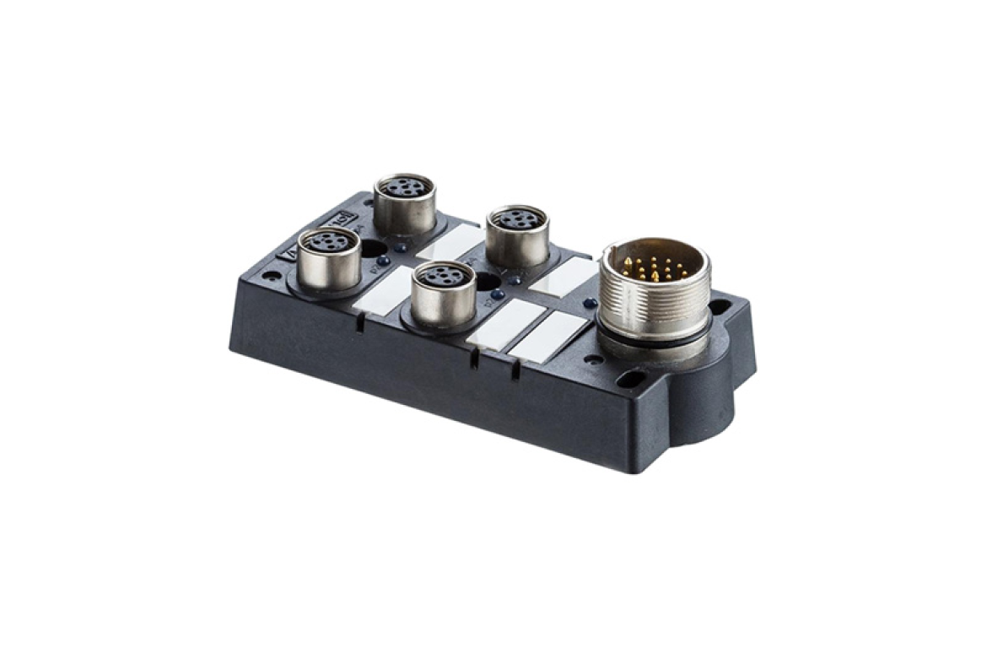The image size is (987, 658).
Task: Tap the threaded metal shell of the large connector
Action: coord(654,308)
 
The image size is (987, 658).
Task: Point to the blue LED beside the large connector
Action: coord(591,303)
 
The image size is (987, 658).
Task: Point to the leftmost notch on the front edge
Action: coord(360,325)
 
